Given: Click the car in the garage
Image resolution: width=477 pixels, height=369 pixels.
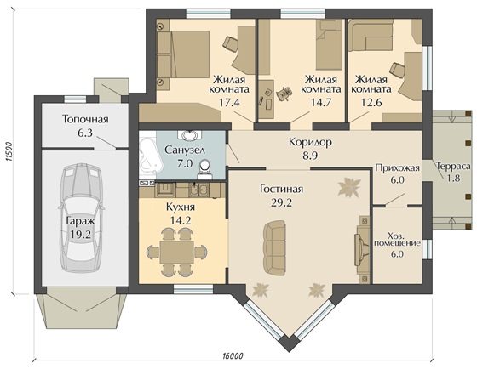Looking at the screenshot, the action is pyautogui.click(x=80, y=217).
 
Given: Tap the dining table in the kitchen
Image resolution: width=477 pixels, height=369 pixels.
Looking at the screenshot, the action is pyautogui.click(x=177, y=253).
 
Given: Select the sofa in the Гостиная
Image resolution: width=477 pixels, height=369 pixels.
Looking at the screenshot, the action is pyautogui.click(x=274, y=247).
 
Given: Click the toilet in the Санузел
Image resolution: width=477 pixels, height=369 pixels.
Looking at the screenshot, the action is pyautogui.click(x=204, y=170).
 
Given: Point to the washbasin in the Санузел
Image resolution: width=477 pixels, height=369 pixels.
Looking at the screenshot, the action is pyautogui.click(x=190, y=134).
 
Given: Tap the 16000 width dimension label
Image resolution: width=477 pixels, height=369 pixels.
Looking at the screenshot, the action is pyautogui.click(x=233, y=355).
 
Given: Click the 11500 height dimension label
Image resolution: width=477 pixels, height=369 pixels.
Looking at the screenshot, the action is pyautogui.click(x=9, y=151).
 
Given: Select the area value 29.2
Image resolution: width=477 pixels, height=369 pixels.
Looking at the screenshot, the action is pyautogui.click(x=281, y=202).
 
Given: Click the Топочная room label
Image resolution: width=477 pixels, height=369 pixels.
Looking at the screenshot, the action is pyautogui.click(x=85, y=119).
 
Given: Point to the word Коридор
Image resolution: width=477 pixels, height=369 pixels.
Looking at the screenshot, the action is pyautogui.click(x=310, y=142).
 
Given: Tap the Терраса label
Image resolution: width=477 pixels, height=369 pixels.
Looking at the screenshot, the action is pyautogui.click(x=453, y=167).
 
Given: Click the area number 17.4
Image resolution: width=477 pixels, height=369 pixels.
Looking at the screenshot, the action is pyautogui.click(x=229, y=102).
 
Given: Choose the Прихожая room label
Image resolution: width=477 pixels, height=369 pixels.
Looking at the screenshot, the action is pyautogui.click(x=397, y=168).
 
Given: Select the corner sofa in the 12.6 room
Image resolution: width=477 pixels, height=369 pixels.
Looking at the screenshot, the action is pyautogui.click(x=370, y=36).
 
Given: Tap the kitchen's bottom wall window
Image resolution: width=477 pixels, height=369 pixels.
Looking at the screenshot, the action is pyautogui.click(x=193, y=289).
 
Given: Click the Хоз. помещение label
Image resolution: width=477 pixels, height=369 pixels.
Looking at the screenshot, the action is pyautogui.click(x=397, y=239).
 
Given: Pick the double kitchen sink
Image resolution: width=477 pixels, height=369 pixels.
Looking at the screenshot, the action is pyautogui.click(x=198, y=190).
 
